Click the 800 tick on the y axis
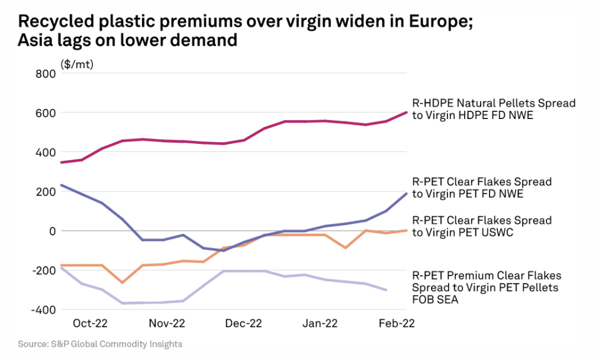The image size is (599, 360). click(46, 73)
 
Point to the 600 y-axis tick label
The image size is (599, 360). click(46, 112)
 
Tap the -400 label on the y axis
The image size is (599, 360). click(44, 309)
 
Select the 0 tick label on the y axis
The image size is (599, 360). click(52, 230)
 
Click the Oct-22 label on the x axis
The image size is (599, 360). click(90, 323)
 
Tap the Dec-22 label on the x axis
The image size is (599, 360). click(244, 323)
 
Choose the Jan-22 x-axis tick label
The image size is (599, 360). click(320, 323)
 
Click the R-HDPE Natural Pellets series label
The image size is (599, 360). click(494, 109)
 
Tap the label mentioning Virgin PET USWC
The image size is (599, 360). click(482, 226)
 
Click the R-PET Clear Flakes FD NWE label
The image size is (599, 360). click(482, 187)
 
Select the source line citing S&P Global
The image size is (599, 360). click(100, 344)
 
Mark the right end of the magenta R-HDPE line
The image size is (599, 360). click(407, 112)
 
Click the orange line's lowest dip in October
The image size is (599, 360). click(123, 282)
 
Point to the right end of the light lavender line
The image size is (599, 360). click(387, 290)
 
